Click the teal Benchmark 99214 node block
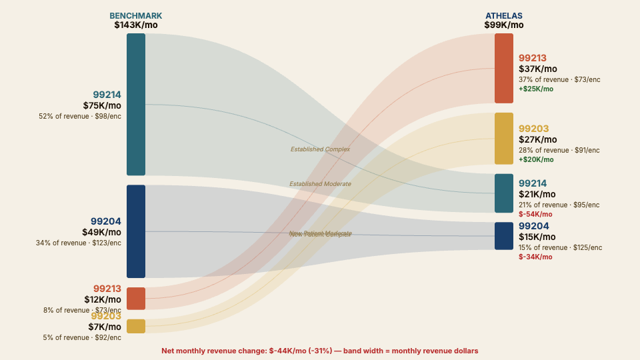click(136, 104)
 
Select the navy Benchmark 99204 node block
click(136, 231)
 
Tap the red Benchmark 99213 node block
click(136, 298)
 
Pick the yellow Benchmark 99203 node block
click(136, 326)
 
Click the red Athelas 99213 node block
click(504, 68)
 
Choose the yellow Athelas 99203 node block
click(504, 139)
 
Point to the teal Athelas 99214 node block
click(504, 193)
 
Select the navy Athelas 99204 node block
click(504, 236)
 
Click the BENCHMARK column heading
click(136, 16)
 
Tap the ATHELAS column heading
click(504, 16)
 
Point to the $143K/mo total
click(136, 25)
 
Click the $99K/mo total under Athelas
click(504, 25)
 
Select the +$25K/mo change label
click(536, 89)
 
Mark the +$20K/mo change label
click(536, 159)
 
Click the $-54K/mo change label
click(535, 214)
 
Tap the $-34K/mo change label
click(535, 257)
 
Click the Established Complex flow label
click(320, 149)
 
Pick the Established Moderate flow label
click(320, 184)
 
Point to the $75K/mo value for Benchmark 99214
click(102, 105)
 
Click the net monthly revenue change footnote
click(320, 351)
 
